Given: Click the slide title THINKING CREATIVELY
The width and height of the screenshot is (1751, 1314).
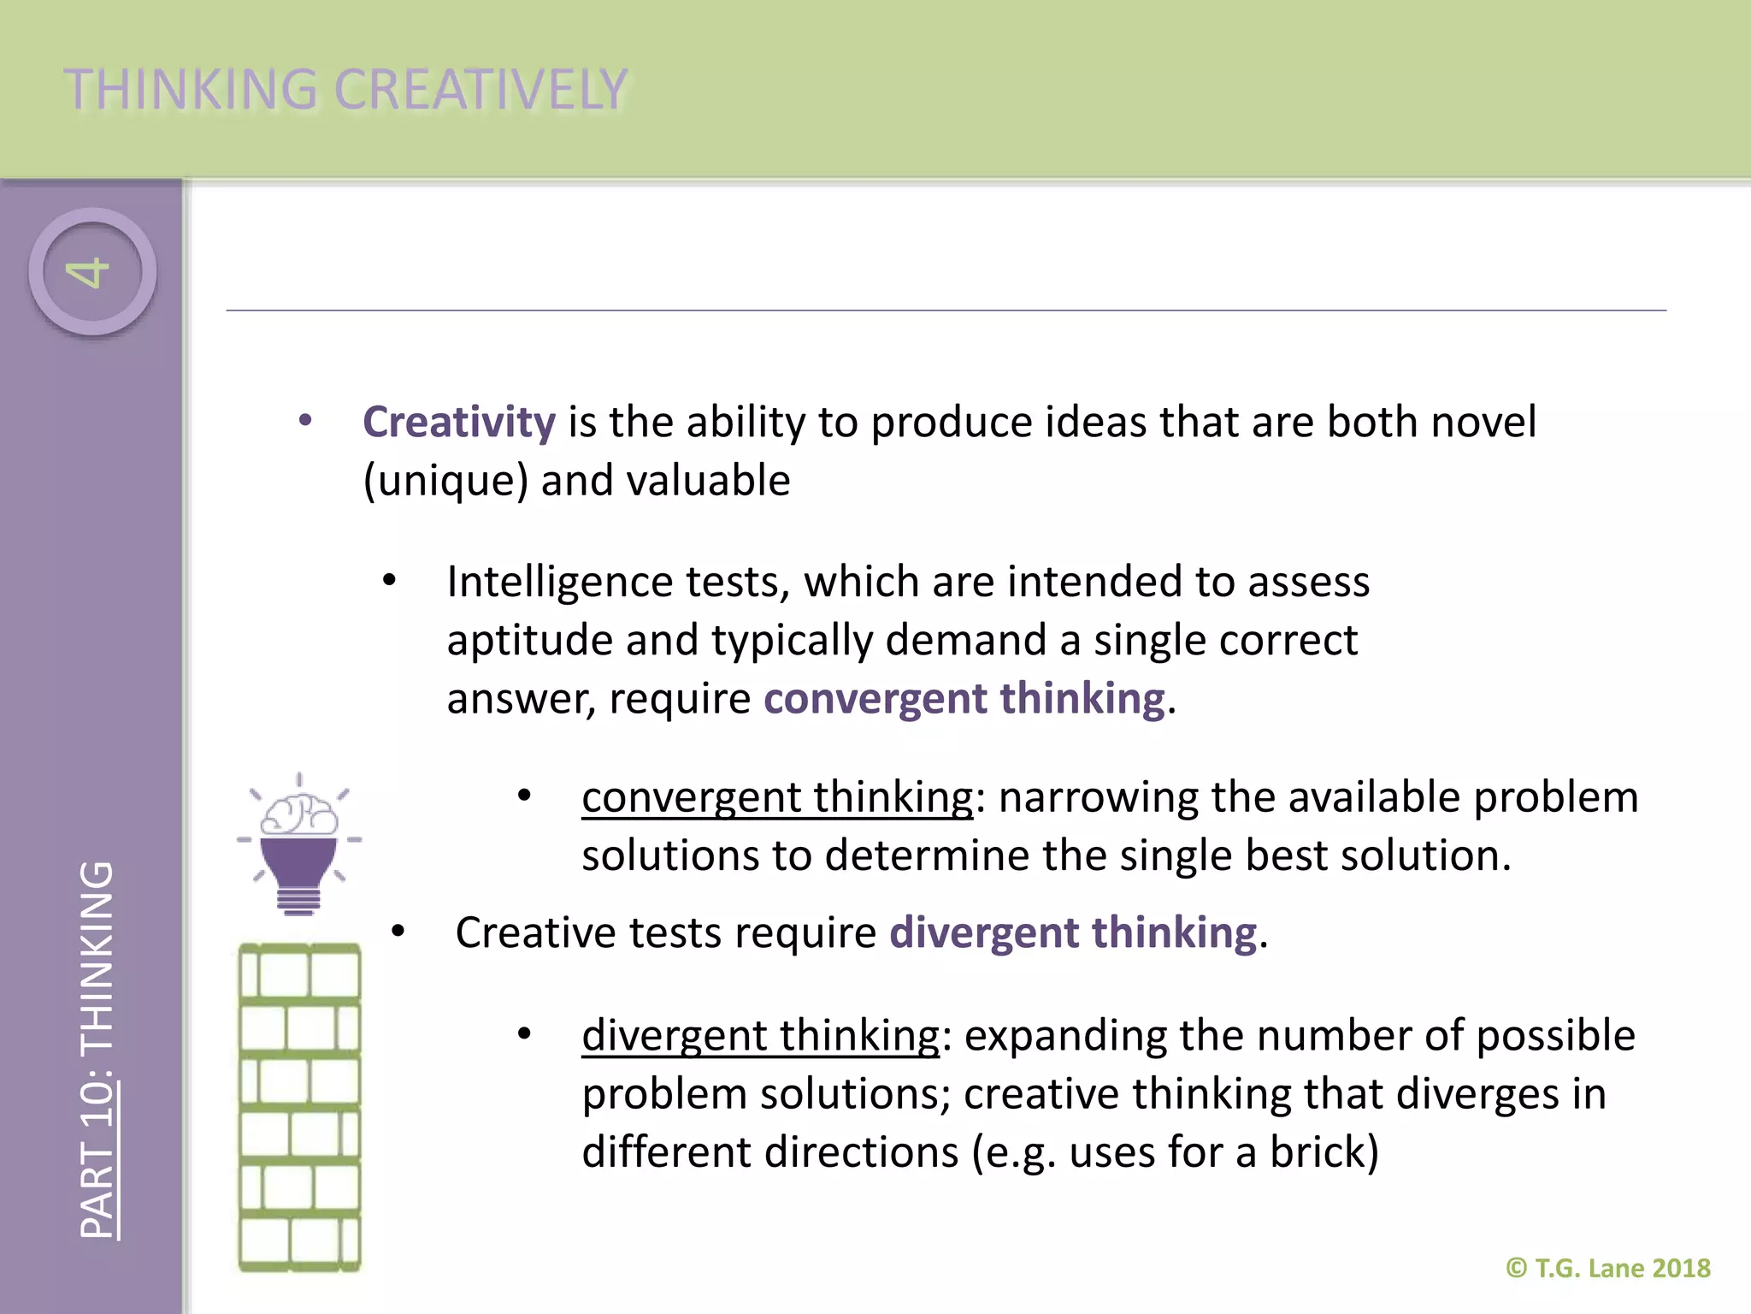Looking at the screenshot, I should (345, 89).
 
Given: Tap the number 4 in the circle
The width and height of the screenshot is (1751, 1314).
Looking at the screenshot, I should (90, 272).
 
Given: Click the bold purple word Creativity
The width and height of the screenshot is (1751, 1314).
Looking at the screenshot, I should (459, 423).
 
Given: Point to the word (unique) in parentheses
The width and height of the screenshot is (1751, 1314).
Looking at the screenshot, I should (445, 481).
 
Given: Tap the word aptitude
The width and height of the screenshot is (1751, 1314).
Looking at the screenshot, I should (529, 641).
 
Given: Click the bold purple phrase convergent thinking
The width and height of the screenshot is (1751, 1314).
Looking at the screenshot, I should (964, 699).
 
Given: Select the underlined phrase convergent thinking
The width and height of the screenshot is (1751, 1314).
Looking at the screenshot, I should (777, 798).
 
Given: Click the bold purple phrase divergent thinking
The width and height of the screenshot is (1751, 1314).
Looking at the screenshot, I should (1073, 932).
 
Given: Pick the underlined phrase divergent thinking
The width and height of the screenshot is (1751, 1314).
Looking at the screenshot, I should (761, 1036).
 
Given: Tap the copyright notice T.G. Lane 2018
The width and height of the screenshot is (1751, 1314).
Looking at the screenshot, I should (1608, 1268).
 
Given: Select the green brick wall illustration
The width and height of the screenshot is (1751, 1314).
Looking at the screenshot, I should (299, 1107).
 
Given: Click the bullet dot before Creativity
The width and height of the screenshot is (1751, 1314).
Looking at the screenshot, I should (305, 421).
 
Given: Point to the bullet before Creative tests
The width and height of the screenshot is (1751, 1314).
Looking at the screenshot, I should (398, 932).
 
